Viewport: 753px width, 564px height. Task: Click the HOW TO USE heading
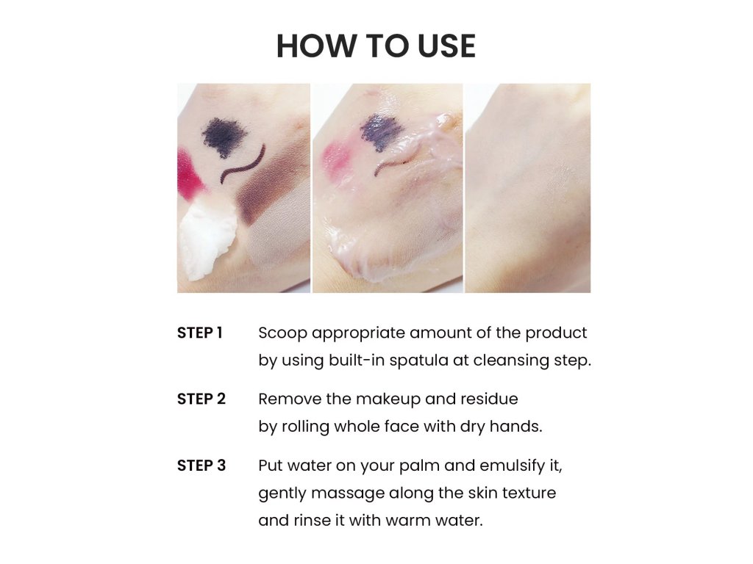point(376,46)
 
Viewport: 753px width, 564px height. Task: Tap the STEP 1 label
point(200,333)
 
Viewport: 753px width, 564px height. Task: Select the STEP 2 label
point(201,399)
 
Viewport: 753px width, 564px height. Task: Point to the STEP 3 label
point(201,466)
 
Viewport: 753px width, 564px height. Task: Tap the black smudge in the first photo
point(224,135)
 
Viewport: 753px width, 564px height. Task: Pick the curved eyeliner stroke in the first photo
point(243,164)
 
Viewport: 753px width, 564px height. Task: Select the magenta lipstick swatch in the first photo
point(189,175)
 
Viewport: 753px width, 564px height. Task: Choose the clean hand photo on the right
point(528,188)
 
